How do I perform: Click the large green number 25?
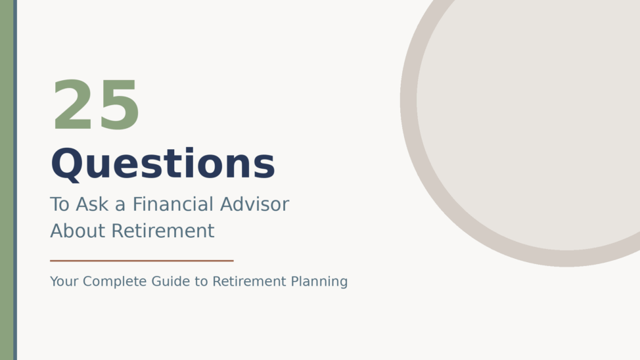tap(96, 105)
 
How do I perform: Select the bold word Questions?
tap(163, 164)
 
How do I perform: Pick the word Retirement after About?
tap(162, 231)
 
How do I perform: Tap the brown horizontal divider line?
tap(141, 261)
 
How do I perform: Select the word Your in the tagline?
tap(64, 282)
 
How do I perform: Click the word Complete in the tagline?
tap(114, 282)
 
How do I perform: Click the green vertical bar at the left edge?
tap(7, 180)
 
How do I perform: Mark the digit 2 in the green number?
tap(73, 105)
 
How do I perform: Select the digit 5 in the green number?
tap(119, 105)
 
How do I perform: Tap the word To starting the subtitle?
tap(60, 204)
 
